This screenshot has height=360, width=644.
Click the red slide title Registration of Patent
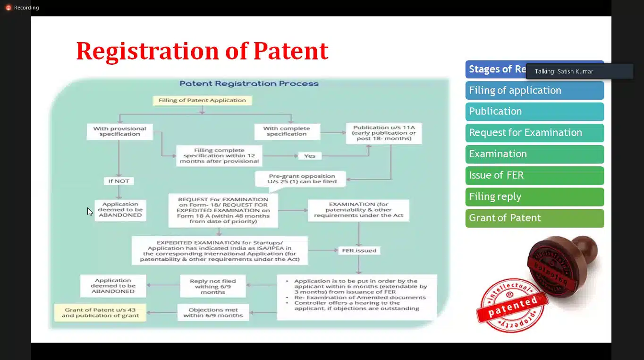pyautogui.click(x=202, y=51)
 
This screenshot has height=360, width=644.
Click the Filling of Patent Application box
pyautogui.click(x=202, y=100)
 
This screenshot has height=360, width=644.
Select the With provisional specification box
pyautogui.click(x=119, y=131)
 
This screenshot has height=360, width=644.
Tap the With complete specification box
pyautogui.click(x=287, y=131)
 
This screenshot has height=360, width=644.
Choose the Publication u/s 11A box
pyautogui.click(x=383, y=133)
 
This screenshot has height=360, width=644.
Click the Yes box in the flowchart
pyautogui.click(x=310, y=155)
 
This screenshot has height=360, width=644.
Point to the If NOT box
pyautogui.click(x=119, y=181)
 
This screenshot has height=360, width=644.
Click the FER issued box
pyautogui.click(x=359, y=250)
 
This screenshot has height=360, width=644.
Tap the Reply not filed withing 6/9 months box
pyautogui.click(x=212, y=286)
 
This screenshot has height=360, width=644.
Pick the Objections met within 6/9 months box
pyautogui.click(x=212, y=313)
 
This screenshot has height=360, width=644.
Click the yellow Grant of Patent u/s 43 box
pyautogui.click(x=100, y=313)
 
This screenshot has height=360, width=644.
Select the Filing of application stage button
pyautogui.click(x=534, y=90)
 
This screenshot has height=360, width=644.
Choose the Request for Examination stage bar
pyautogui.click(x=534, y=133)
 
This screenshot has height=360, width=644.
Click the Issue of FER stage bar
pyautogui.click(x=534, y=175)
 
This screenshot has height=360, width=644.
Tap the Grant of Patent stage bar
pyautogui.click(x=534, y=218)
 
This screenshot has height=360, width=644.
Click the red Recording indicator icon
pyautogui.click(x=8, y=8)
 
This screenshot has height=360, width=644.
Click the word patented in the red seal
pyautogui.click(x=513, y=306)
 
